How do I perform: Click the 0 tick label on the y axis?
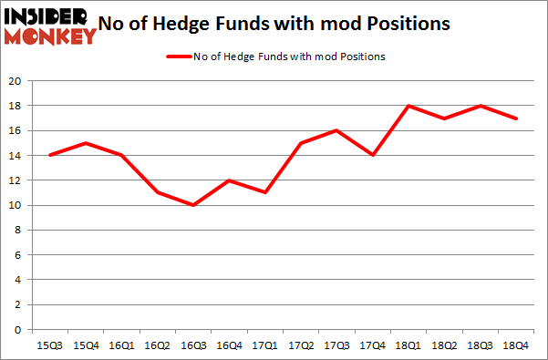(17, 330)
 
